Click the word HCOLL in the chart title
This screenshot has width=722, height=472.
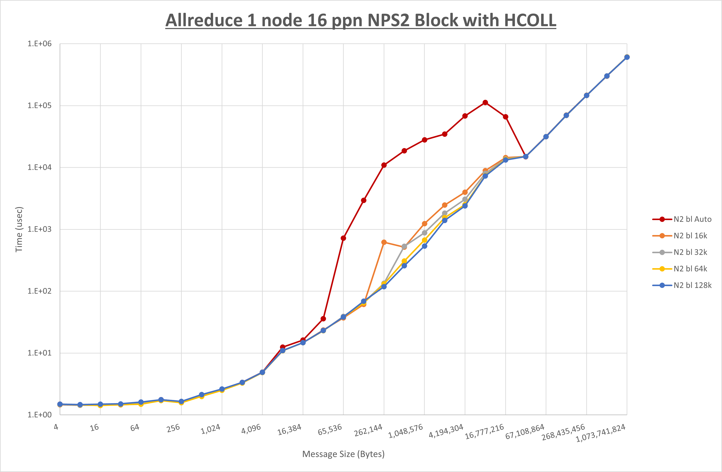(530, 20)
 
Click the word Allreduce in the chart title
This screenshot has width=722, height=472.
(204, 20)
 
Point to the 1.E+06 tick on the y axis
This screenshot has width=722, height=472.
(40, 44)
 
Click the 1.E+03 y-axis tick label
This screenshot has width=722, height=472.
(40, 229)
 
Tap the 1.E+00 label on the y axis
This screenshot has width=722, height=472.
(40, 415)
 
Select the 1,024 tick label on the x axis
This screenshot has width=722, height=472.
(211, 429)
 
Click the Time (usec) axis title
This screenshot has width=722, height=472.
(19, 229)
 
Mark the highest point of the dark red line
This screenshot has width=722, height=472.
(485, 103)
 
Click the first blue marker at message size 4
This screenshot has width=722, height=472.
(60, 404)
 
